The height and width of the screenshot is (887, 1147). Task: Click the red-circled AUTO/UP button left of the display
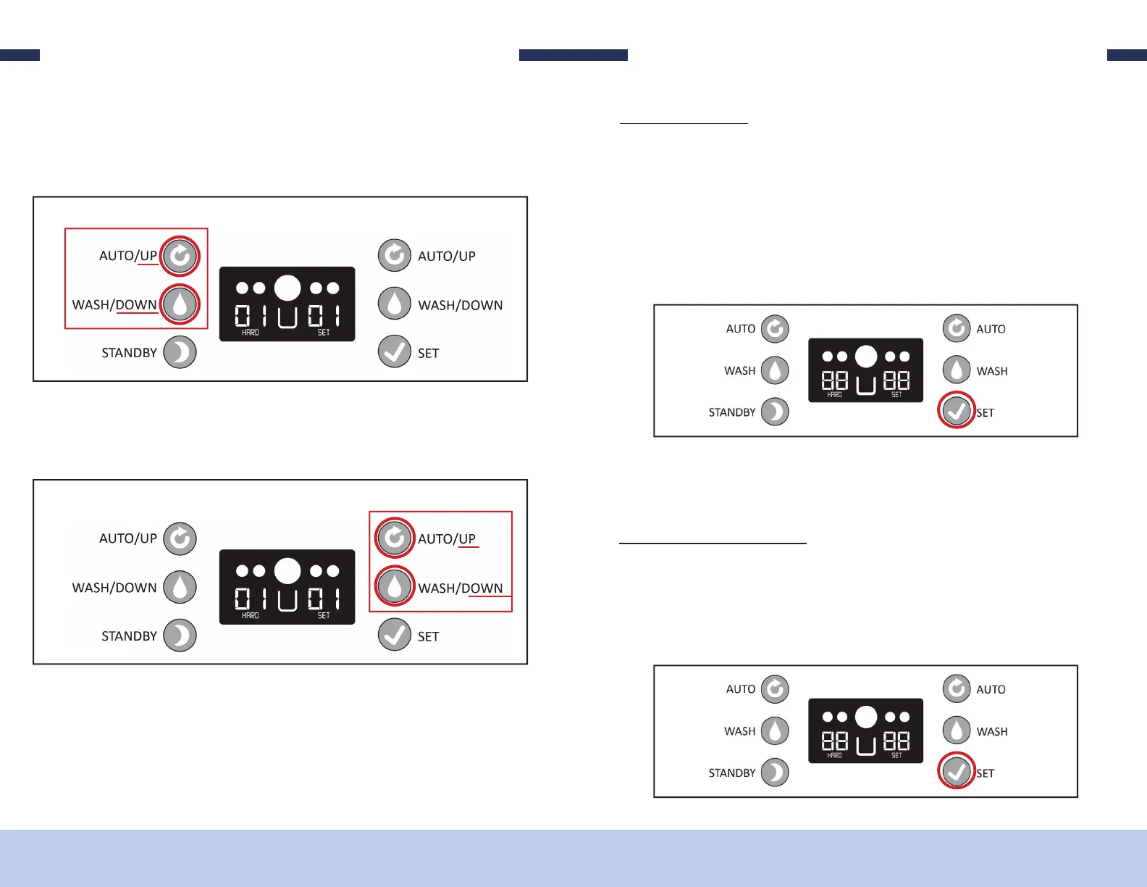point(180,256)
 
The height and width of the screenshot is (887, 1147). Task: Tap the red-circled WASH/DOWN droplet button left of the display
point(180,304)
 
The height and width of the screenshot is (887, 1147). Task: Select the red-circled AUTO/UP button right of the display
point(395,538)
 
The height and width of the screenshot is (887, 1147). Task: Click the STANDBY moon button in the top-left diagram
point(180,353)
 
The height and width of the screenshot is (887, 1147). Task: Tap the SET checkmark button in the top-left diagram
point(395,352)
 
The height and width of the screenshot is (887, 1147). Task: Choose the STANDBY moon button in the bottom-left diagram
point(180,636)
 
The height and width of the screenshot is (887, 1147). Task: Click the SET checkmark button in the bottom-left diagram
point(395,636)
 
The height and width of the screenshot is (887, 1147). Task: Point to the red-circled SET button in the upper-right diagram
point(957,412)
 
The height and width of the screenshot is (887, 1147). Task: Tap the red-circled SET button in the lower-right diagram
point(957,772)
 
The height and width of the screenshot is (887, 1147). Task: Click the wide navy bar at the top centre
point(573,55)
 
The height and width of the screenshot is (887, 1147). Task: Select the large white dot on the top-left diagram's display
point(287,288)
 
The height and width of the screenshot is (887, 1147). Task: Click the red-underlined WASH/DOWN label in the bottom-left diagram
point(461,588)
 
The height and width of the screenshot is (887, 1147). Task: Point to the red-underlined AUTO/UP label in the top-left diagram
point(128,256)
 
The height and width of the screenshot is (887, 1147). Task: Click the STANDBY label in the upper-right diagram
point(731,412)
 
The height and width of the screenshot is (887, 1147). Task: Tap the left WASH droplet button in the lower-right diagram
point(775,731)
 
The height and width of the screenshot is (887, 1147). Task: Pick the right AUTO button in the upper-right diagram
point(957,329)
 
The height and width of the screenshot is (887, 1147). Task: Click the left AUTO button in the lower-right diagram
point(775,689)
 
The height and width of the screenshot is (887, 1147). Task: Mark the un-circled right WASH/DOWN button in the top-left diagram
point(395,304)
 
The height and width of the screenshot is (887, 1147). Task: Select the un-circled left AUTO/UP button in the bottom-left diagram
point(180,538)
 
